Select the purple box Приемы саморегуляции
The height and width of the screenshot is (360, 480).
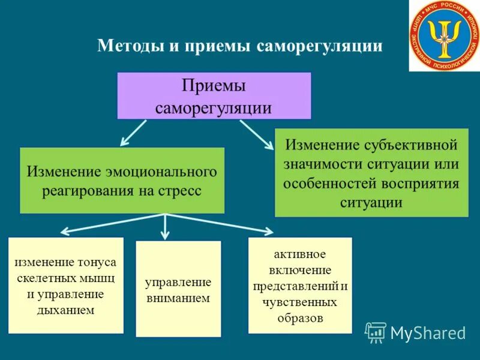click(x=214, y=96)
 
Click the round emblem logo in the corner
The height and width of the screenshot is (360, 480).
click(x=445, y=35)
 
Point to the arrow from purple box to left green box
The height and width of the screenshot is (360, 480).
click(x=133, y=133)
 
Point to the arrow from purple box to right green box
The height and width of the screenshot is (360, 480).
click(x=255, y=134)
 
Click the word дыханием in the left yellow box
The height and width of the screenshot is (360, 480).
click(x=66, y=310)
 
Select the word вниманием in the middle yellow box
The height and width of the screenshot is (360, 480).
click(x=178, y=298)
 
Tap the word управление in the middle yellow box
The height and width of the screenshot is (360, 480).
click(x=178, y=281)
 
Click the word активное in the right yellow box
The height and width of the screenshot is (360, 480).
click(x=300, y=254)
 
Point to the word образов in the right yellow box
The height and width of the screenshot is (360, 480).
click(x=300, y=318)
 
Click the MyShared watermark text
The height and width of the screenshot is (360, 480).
click(x=428, y=332)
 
